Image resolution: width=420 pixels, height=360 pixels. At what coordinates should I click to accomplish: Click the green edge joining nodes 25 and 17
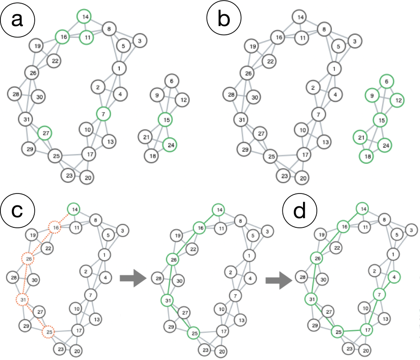pyautogui.click(x=353, y=331)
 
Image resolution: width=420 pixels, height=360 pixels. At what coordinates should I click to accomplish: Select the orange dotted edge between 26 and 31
pyautogui.click(x=26, y=279)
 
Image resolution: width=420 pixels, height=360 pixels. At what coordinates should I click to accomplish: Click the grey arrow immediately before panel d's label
pyautogui.click(x=279, y=280)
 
